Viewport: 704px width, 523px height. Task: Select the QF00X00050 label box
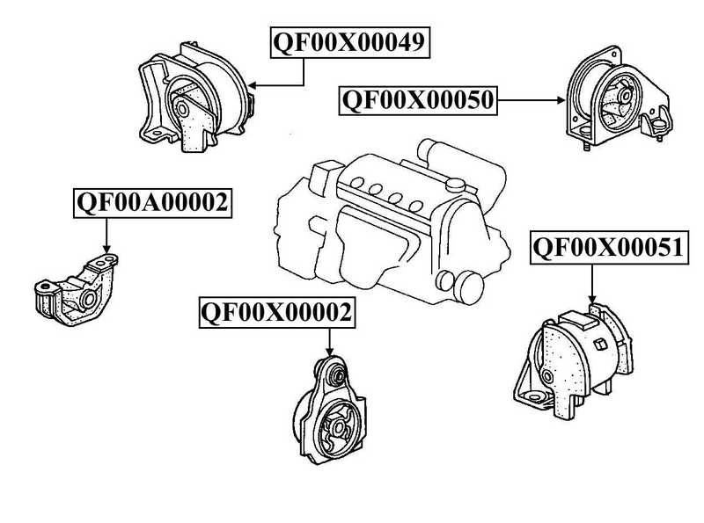(418, 100)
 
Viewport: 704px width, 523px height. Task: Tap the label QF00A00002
(151, 203)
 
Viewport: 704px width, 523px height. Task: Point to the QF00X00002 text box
(278, 311)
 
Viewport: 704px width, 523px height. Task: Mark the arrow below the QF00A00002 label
(106, 236)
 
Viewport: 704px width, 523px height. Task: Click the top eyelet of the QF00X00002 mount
(334, 374)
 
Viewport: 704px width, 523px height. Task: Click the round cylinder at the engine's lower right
(469, 286)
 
